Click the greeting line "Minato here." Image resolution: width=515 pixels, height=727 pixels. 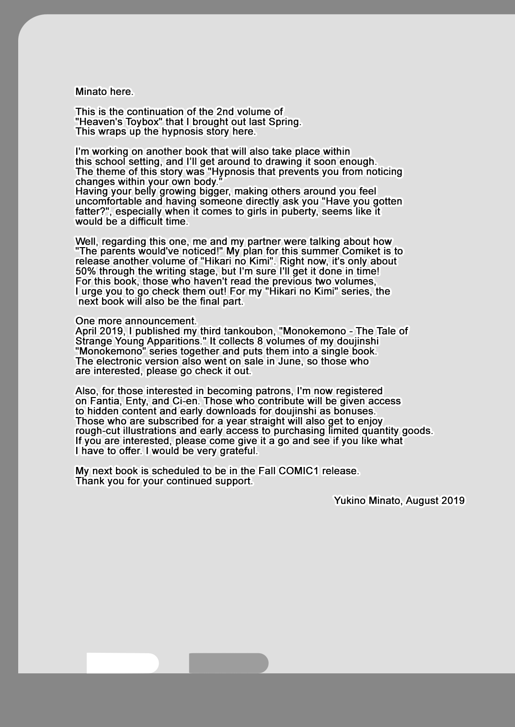104,91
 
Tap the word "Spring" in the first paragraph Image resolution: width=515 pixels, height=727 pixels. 285,122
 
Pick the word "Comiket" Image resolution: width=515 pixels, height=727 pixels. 361,251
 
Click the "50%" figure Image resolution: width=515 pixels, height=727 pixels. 86,272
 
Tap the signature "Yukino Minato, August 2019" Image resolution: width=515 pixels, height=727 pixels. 399,500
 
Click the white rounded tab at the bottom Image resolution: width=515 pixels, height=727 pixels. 122,663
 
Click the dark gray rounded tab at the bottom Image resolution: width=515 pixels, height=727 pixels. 229,663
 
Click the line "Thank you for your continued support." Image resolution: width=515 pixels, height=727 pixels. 164,481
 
